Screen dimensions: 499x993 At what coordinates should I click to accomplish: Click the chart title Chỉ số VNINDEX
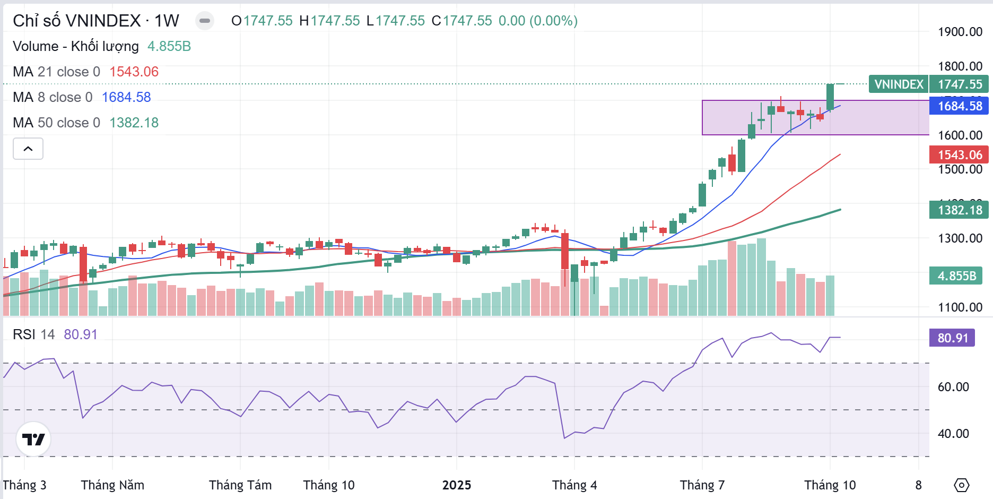(76, 21)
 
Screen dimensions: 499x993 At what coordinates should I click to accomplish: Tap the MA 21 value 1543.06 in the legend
(134, 72)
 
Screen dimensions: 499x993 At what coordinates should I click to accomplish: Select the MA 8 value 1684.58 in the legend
(126, 97)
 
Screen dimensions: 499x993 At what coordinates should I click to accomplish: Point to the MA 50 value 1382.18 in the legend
(134, 123)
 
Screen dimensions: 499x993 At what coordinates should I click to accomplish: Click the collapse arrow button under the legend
(28, 149)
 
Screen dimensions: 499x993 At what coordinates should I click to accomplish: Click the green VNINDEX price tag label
(899, 84)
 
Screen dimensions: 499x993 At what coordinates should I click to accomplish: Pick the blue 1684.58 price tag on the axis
(960, 106)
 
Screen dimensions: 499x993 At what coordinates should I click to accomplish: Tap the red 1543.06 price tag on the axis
(960, 155)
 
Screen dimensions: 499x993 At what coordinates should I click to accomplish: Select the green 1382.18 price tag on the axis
(960, 210)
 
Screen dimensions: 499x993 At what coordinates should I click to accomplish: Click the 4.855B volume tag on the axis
(956, 276)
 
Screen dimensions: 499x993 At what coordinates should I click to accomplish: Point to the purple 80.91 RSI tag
(952, 338)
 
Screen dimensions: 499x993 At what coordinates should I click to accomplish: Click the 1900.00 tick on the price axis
(960, 32)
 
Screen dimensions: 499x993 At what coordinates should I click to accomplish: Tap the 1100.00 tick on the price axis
(960, 307)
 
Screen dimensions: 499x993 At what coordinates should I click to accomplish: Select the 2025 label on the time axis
(457, 485)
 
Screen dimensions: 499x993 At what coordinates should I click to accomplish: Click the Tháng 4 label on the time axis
(574, 485)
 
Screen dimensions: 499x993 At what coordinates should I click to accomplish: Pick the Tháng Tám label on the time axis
(240, 485)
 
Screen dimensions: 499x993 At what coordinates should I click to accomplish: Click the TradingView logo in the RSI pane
(33, 440)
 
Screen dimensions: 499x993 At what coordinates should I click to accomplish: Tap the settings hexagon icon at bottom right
(961, 485)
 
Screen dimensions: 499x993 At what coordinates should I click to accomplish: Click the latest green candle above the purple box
(830, 97)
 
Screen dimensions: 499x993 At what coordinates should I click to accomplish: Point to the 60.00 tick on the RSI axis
(953, 387)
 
